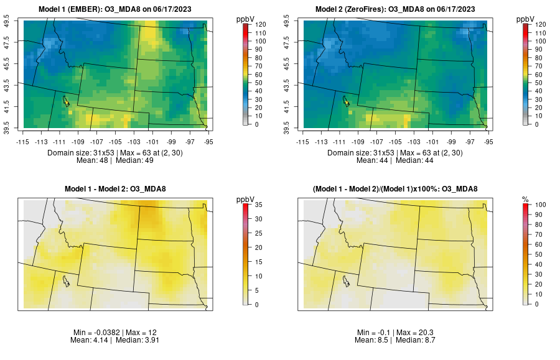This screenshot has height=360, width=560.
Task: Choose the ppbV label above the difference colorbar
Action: tap(246, 199)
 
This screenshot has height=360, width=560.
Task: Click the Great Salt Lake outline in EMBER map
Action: tap(65, 100)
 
